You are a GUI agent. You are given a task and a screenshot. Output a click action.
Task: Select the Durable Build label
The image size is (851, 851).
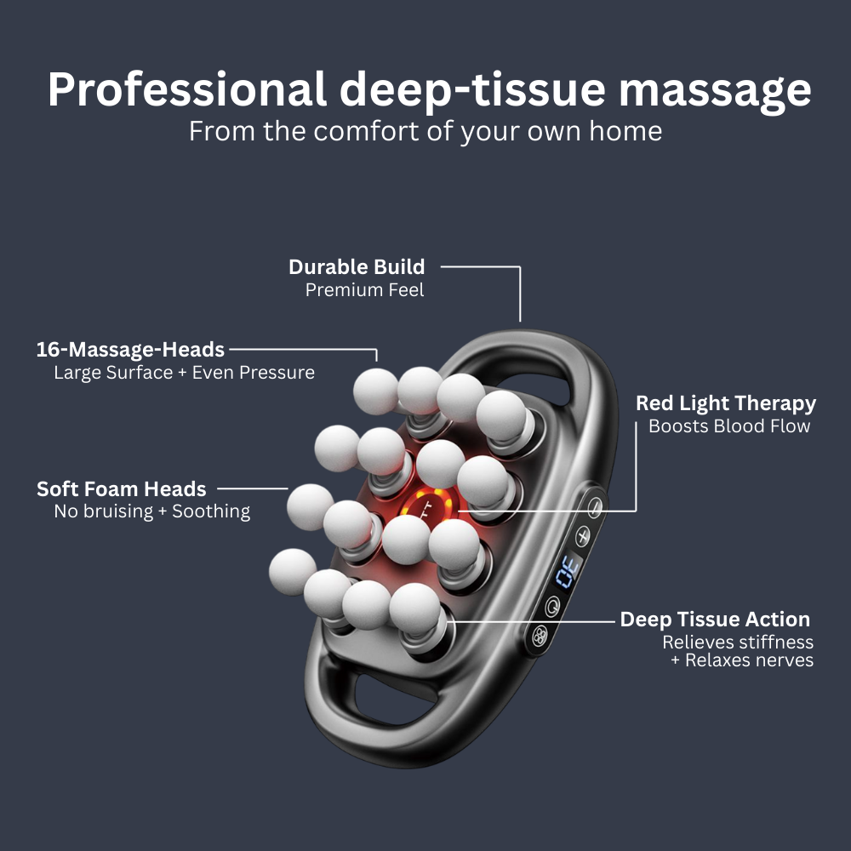pyautogui.click(x=357, y=266)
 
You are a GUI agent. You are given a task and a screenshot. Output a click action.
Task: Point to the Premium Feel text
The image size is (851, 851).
pyautogui.click(x=364, y=289)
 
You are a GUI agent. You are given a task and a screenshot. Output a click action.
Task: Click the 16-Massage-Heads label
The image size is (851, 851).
pyautogui.click(x=130, y=349)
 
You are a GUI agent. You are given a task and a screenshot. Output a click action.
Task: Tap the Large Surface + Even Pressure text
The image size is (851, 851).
pyautogui.click(x=184, y=373)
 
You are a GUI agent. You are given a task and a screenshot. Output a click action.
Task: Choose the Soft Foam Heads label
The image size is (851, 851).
pyautogui.click(x=122, y=489)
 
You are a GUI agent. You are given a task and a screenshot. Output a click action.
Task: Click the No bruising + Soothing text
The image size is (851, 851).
pyautogui.click(x=151, y=511)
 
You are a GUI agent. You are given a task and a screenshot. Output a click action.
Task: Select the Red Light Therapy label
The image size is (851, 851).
pyautogui.click(x=726, y=403)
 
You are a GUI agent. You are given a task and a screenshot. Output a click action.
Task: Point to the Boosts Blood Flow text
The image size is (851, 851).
pyautogui.click(x=729, y=426)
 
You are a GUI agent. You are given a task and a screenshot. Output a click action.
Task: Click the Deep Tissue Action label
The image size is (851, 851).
pyautogui.click(x=715, y=620)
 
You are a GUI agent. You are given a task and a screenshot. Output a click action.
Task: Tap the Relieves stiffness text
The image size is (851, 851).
pyautogui.click(x=738, y=642)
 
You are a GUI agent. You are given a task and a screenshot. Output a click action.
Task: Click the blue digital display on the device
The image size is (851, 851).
pyautogui.click(x=568, y=571)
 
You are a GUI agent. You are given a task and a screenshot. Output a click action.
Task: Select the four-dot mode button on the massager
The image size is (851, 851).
pyautogui.click(x=538, y=634)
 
